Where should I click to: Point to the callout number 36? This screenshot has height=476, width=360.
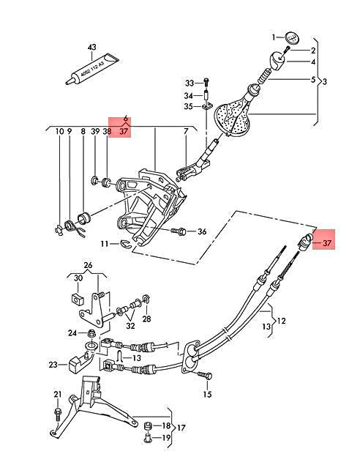click(x=203, y=232)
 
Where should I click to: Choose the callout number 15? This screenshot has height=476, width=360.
click(x=207, y=395)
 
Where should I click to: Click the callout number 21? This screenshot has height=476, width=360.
click(x=57, y=395)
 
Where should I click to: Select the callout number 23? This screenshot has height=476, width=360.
click(x=53, y=364)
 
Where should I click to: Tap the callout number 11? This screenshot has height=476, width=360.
click(x=105, y=244)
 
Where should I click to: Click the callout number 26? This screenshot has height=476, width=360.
click(x=88, y=265)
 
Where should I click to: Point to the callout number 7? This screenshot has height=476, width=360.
click(x=186, y=132)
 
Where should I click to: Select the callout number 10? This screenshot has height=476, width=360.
click(x=59, y=132)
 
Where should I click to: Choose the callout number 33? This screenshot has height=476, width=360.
click(x=190, y=82)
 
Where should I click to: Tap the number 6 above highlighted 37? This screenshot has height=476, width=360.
click(x=126, y=117)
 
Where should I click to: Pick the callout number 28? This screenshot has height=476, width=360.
click(x=146, y=320)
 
